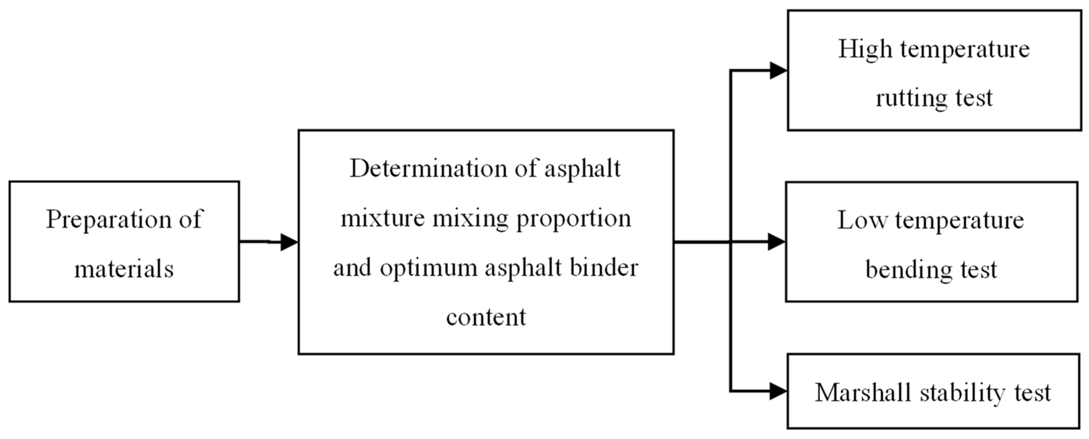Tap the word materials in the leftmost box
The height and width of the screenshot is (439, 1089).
124,269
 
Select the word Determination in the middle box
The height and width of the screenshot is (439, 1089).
428,169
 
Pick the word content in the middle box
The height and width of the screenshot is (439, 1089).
486,317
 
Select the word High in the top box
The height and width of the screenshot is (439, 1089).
865,50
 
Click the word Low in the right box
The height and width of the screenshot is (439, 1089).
862,221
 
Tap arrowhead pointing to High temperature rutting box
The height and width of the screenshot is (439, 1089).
777,71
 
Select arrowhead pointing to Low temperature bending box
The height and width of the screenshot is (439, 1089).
776,242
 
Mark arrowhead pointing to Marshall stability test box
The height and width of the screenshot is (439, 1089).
777,391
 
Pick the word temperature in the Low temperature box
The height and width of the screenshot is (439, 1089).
959,221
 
